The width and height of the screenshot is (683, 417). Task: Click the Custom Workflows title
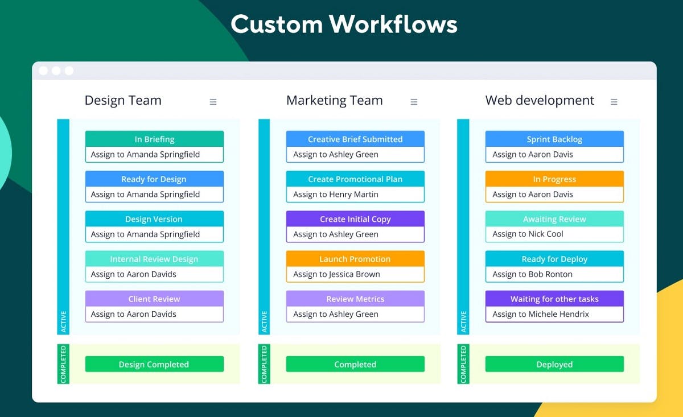click(344, 24)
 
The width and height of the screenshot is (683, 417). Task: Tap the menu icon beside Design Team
click(213, 102)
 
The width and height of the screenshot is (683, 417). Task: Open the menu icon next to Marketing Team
click(414, 102)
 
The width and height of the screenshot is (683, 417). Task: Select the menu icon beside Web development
click(614, 102)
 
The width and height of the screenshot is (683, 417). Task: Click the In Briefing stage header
click(154, 139)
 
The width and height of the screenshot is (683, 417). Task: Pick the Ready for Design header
click(154, 179)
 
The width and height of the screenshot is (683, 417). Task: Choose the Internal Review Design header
click(154, 259)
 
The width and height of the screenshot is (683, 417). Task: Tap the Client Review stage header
click(154, 299)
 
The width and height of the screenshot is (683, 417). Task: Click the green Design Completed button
click(154, 364)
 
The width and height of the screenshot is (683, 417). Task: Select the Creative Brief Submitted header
click(355, 139)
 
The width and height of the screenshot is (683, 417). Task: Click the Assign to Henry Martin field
click(355, 195)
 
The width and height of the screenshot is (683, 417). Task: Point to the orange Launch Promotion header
click(355, 259)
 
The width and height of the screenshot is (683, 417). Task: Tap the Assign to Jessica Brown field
click(355, 274)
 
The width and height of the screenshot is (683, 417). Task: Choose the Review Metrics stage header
click(355, 299)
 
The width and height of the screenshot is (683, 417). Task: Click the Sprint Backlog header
click(554, 139)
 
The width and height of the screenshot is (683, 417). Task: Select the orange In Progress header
click(554, 179)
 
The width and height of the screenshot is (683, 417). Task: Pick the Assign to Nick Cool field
click(554, 234)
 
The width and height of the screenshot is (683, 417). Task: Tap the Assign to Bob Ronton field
click(554, 274)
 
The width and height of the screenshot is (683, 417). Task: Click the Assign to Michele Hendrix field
click(554, 314)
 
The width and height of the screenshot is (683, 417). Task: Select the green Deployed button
click(554, 364)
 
